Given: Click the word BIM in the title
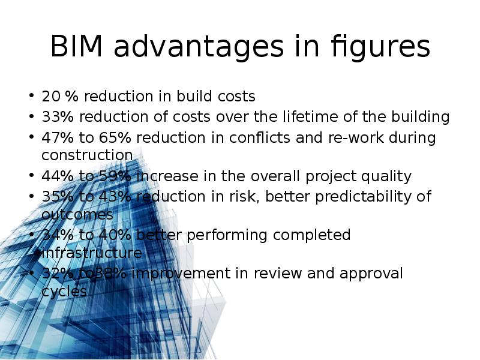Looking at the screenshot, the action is coord(76,46).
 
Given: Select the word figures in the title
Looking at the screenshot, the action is coord(380,48).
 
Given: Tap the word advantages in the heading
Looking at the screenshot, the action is coord(199,47).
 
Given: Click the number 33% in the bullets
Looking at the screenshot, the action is coord(58,116).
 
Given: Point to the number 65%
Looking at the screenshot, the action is coord(115,137).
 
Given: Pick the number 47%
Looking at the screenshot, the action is coord(58,137).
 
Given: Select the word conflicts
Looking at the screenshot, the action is coord(260,137).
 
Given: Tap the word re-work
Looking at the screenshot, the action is coord(356,137).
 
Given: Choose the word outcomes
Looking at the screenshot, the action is coord(77,215).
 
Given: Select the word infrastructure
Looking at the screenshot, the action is coord(92,253).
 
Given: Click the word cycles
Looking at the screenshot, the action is coord(64,292).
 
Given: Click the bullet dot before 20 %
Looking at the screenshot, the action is coord(31,95).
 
